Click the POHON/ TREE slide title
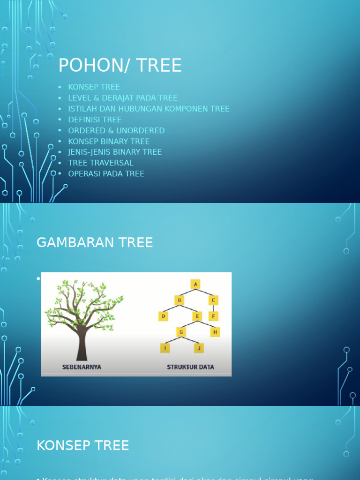click(120, 65)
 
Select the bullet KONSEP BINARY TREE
click(109, 141)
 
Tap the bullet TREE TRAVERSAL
click(101, 163)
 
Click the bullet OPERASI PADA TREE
click(106, 173)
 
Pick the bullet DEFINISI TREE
click(95, 120)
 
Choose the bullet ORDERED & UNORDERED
click(116, 130)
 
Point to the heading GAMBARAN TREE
click(95, 242)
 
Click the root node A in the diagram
click(195, 284)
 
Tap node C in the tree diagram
click(213, 300)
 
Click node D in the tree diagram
click(164, 316)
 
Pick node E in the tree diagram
click(197, 316)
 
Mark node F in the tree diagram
click(213, 316)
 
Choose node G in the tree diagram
click(181, 332)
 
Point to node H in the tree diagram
click(215, 332)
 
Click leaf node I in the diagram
click(165, 348)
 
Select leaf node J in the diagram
click(199, 348)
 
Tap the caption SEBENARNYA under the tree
click(82, 367)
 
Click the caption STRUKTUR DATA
click(190, 367)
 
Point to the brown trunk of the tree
click(82, 345)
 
